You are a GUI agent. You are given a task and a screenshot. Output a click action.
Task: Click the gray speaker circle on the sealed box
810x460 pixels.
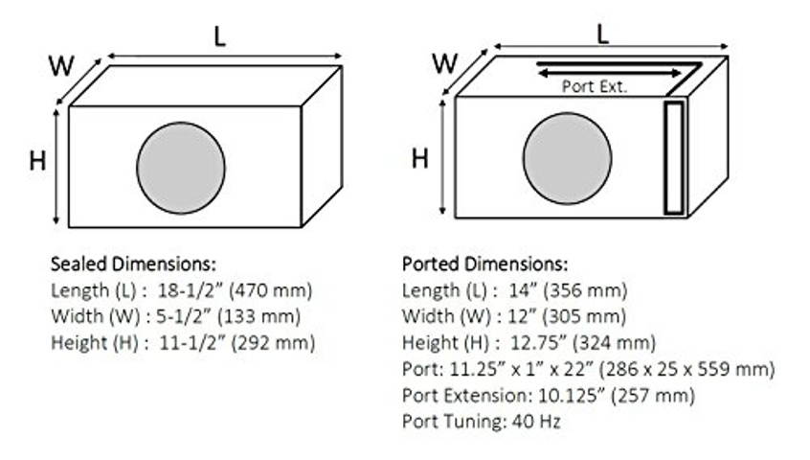(x=181, y=168)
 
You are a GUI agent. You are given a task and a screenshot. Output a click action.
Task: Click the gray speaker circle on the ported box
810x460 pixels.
(x=567, y=159)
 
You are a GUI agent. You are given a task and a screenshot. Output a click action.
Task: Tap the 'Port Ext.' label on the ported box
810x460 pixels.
(x=594, y=86)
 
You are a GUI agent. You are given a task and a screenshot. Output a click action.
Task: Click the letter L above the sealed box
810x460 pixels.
(x=222, y=36)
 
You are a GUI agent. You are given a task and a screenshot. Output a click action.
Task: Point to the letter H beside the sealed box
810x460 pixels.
(x=37, y=161)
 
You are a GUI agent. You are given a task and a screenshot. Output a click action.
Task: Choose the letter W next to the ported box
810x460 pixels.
(x=444, y=64)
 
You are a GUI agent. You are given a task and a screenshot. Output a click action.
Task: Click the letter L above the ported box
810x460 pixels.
(x=603, y=34)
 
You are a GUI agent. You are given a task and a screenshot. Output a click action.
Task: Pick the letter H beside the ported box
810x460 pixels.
(x=419, y=158)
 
